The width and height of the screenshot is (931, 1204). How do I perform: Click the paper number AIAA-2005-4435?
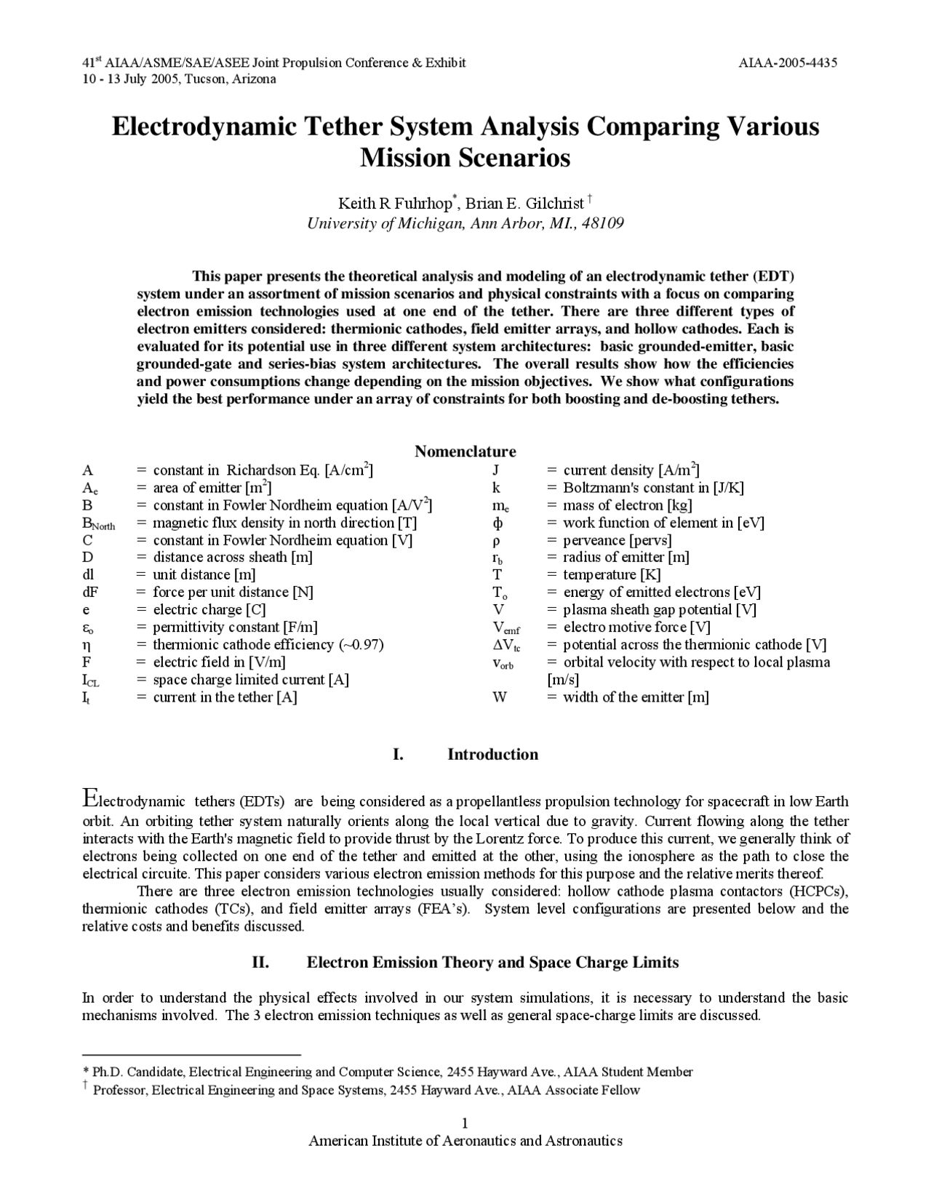pos(788,63)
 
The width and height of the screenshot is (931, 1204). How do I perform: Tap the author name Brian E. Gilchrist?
pos(524,203)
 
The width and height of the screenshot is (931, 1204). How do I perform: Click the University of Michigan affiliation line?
pos(465,223)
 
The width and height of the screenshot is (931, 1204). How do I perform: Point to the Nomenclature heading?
pos(465,451)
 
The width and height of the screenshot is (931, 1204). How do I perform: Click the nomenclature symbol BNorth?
pos(98,523)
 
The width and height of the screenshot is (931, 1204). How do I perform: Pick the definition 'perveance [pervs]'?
pos(617,540)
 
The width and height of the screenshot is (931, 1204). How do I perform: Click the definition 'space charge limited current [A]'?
pos(251,680)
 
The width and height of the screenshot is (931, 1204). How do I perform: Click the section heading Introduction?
pos(492,755)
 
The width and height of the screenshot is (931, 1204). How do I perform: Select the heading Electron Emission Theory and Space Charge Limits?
pos(492,963)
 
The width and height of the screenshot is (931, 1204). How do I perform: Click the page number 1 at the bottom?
pos(465,1123)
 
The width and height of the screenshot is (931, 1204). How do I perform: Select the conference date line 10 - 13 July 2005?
pos(179,79)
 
